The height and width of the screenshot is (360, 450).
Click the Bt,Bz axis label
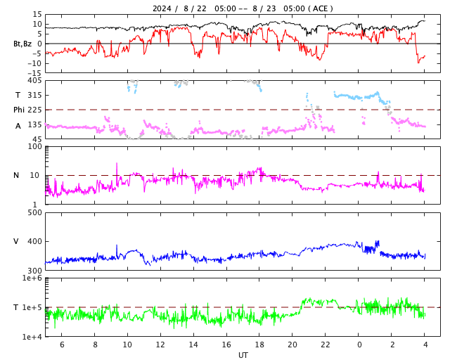(22, 44)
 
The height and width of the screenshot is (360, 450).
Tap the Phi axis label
(19, 110)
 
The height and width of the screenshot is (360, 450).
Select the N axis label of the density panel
(16, 175)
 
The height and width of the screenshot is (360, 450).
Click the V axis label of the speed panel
(16, 241)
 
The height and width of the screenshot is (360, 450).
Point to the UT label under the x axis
(243, 355)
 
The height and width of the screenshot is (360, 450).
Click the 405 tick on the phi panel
(34, 80)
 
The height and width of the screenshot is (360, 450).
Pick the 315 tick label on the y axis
(34, 95)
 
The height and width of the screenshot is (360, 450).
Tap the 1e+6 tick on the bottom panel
(32, 278)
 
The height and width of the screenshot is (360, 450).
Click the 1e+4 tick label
(32, 337)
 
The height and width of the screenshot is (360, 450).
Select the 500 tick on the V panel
(34, 212)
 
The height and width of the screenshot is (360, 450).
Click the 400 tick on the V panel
(34, 241)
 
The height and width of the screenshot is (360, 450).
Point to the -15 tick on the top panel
(32, 72)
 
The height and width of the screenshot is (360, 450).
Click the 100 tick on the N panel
(34, 146)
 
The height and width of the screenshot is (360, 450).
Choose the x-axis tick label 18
(260, 345)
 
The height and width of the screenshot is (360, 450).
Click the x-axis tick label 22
(326, 345)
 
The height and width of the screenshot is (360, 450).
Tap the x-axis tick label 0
(359, 345)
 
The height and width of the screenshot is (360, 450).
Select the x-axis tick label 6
(62, 345)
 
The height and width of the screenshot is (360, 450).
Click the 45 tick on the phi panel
(37, 139)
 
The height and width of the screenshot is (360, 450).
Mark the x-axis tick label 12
(161, 345)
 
